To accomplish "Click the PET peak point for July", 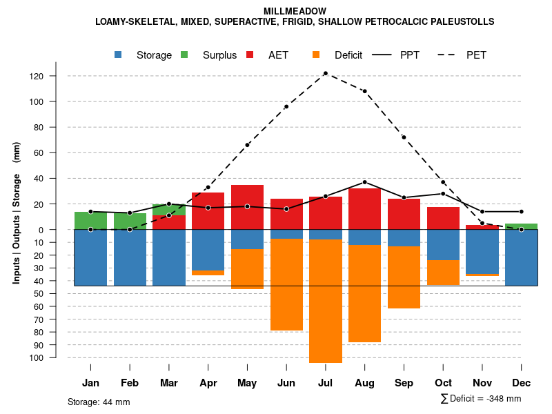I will click(325, 73).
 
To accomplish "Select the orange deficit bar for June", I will click(286, 284).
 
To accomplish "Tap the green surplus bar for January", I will click(90, 221).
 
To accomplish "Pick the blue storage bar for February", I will click(130, 257).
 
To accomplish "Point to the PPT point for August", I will click(364, 182).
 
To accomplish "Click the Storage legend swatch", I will click(119, 55).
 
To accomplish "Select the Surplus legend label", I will click(219, 55).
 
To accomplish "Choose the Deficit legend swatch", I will click(316, 55).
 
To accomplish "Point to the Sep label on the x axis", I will click(404, 383).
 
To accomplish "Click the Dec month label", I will click(521, 383).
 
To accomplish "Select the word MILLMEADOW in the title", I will click(295, 11).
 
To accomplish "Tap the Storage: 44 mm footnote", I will click(99, 402).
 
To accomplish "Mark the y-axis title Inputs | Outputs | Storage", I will click(17, 214).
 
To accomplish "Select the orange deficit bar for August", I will click(364, 293).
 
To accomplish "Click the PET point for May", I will click(247, 145).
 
